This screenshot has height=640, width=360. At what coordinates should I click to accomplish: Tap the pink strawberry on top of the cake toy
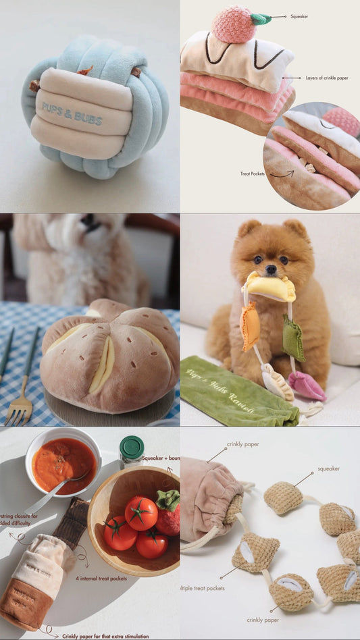(x=232, y=24)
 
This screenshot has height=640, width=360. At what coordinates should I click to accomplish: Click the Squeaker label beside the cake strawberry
(x=299, y=16)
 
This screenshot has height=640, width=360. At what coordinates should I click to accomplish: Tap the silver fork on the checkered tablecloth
(x=20, y=401)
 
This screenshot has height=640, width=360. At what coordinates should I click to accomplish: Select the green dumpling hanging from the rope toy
(x=293, y=337)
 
